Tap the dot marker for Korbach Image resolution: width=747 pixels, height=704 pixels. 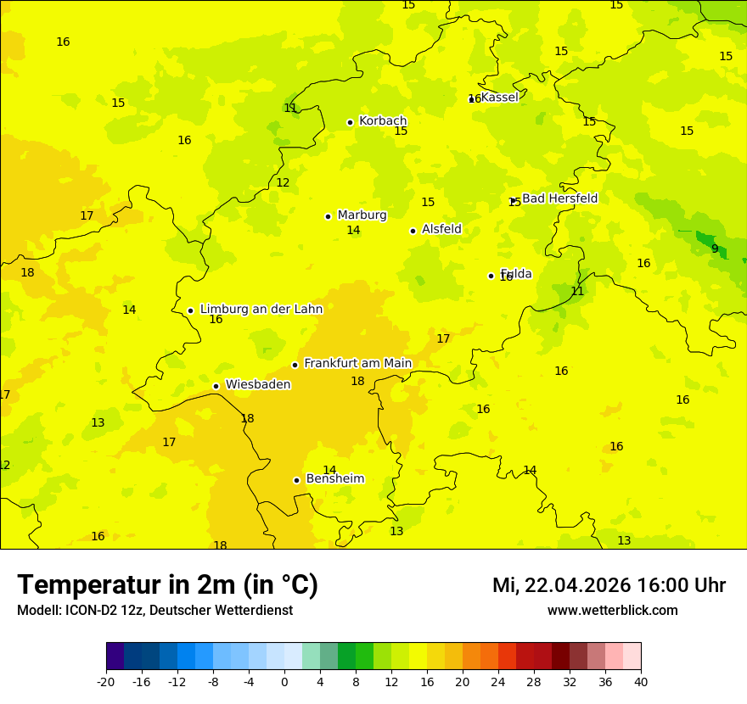click(350, 122)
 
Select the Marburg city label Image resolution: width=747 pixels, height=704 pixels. click(362, 215)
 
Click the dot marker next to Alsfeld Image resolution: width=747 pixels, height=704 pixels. click(413, 231)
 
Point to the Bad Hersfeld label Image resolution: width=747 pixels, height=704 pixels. click(559, 198)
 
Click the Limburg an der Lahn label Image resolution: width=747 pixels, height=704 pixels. click(261, 310)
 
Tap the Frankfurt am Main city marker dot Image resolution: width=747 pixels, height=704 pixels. click(295, 365)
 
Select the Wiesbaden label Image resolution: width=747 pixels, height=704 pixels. click(257, 385)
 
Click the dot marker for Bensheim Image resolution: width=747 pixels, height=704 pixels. click(296, 480)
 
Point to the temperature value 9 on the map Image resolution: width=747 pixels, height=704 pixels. click(715, 249)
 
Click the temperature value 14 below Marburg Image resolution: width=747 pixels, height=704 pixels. click(353, 231)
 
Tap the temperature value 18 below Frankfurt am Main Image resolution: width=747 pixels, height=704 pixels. click(357, 382)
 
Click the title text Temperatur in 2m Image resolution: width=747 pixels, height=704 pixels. click(167, 585)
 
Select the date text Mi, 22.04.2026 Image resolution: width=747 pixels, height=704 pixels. click(561, 585)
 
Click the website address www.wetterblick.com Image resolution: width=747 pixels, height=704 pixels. click(612, 611)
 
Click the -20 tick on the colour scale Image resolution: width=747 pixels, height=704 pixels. click(106, 682)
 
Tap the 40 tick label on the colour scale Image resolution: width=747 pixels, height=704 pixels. click(641, 682)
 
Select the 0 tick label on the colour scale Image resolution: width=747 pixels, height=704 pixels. click(284, 682)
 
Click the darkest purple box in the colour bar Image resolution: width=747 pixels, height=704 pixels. click(115, 657)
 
